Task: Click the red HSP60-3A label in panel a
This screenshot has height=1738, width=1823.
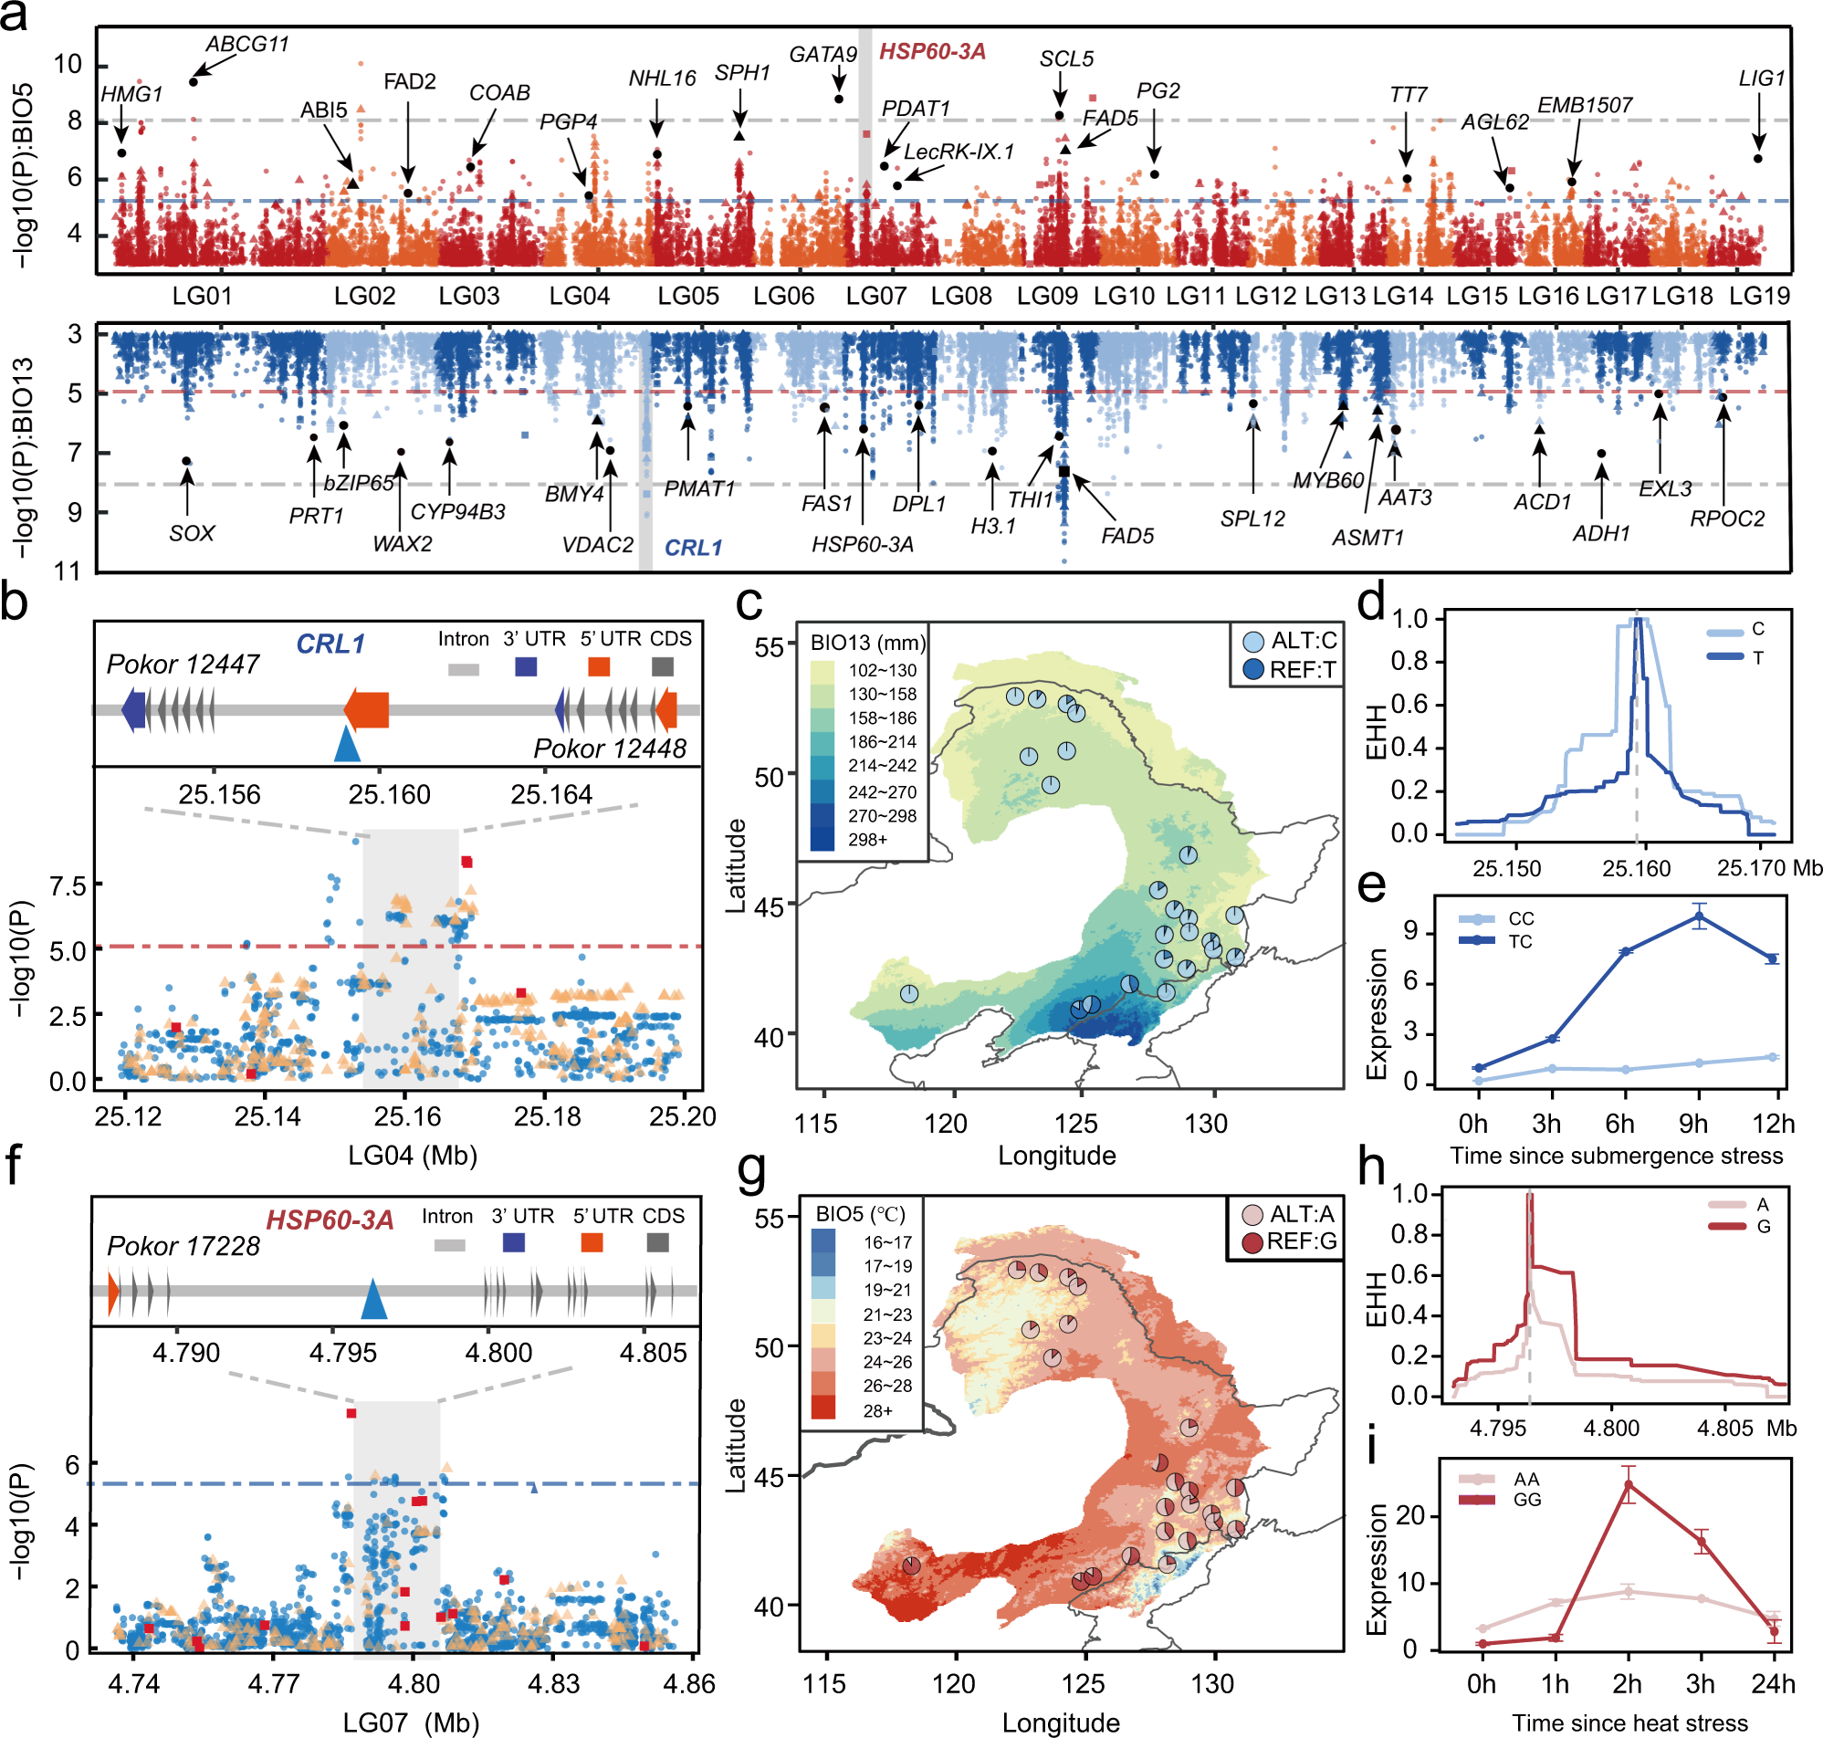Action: point(932,52)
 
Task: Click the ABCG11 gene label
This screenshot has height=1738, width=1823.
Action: point(247,45)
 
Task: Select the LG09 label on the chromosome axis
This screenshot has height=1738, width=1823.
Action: point(1048,297)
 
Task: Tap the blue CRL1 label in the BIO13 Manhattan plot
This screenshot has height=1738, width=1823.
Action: point(693,549)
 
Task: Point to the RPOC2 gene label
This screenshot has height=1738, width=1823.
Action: point(1727,518)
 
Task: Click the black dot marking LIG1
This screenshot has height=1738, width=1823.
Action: point(1757,159)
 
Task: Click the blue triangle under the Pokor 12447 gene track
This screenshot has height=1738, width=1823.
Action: point(347,745)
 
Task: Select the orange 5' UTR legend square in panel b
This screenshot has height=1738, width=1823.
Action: point(599,666)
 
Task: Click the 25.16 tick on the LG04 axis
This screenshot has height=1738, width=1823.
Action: point(407,1116)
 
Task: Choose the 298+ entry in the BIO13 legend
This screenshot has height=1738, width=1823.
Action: point(868,841)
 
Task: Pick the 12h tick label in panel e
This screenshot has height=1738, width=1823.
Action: point(1773,1124)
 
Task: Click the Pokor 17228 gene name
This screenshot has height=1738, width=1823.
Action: point(183,1246)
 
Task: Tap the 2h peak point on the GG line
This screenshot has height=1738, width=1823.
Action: point(1629,1484)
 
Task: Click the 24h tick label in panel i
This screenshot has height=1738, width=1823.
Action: point(1772,1683)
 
